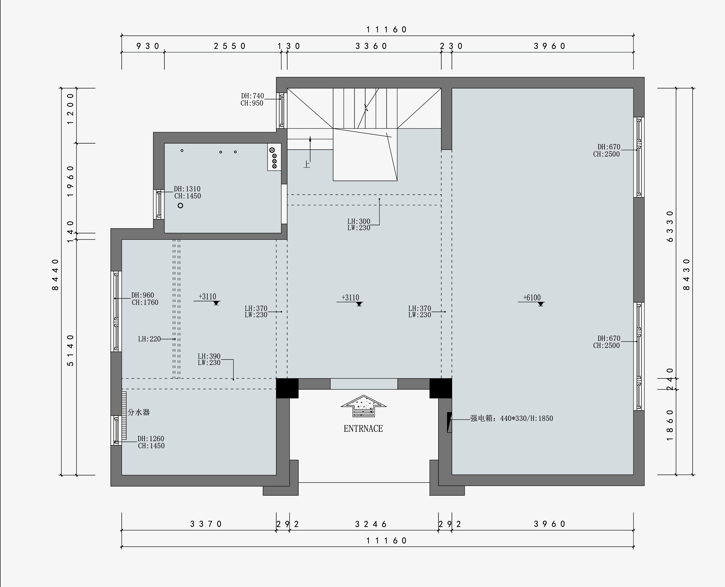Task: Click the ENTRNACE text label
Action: (x=363, y=429)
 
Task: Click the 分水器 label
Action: (x=139, y=412)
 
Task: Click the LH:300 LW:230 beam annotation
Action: (x=359, y=225)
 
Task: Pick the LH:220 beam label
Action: (x=149, y=339)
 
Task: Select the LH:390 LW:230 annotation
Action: (x=209, y=359)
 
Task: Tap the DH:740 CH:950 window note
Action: (x=252, y=99)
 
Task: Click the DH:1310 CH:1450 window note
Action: (x=187, y=192)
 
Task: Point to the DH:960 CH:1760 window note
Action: (x=145, y=299)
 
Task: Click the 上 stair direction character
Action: (x=307, y=164)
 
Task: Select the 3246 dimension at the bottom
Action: (x=371, y=524)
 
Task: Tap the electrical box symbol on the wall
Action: (x=449, y=422)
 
